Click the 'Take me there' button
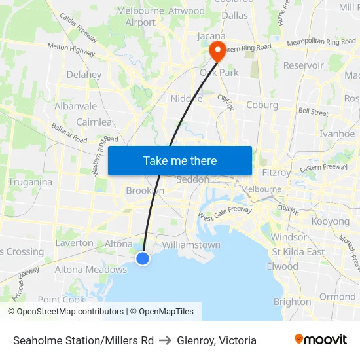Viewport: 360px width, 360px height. click(180, 160)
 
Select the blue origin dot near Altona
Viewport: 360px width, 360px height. click(143, 259)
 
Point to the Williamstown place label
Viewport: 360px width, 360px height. click(191, 245)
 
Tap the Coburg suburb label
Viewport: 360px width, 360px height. click(262, 105)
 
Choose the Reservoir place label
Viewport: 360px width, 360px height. click(303, 65)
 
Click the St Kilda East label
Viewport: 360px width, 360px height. click(298, 252)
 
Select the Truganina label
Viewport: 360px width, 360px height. click(30, 182)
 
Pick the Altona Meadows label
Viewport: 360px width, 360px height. click(90, 269)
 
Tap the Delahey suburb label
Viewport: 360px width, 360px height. click(84, 75)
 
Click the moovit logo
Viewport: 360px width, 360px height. click(321, 340)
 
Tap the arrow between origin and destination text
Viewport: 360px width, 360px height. click(165, 340)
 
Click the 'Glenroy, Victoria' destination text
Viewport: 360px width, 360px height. click(217, 340)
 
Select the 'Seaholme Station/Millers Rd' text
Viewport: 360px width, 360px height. click(83, 340)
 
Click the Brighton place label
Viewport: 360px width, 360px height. click(292, 302)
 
